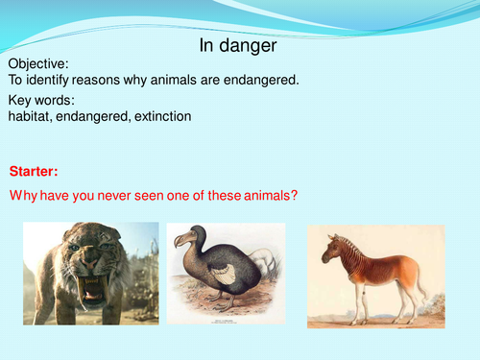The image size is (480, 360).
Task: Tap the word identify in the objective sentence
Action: (x=53, y=82)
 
